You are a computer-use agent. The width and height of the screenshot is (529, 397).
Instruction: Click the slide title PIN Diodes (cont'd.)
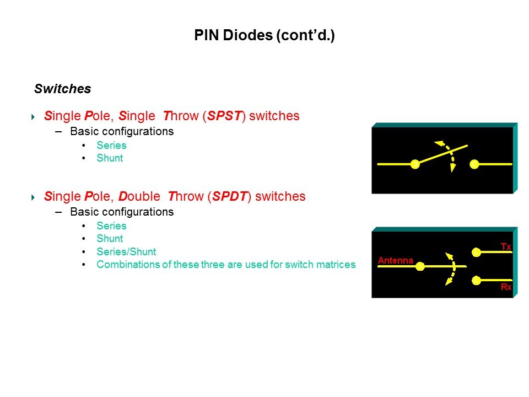pyautogui.click(x=264, y=35)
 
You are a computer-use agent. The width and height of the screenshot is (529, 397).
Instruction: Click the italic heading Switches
pyautogui.click(x=63, y=89)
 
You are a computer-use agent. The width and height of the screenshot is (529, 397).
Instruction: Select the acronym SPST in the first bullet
pyautogui.click(x=224, y=116)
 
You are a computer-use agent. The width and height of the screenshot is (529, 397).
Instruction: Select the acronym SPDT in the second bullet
pyautogui.click(x=230, y=196)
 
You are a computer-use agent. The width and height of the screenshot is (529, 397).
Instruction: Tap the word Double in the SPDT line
pyautogui.click(x=139, y=196)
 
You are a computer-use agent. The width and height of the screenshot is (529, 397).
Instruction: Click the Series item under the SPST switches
pyautogui.click(x=111, y=145)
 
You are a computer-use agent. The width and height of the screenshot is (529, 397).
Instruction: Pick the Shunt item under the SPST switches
pyautogui.click(x=110, y=158)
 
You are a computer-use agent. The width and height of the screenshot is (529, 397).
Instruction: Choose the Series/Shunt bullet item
pyautogui.click(x=126, y=251)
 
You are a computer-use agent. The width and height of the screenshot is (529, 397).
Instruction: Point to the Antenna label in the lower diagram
pyautogui.click(x=396, y=260)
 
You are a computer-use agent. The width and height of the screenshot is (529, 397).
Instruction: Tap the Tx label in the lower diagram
pyautogui.click(x=506, y=246)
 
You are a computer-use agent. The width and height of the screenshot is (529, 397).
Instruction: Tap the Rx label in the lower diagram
pyautogui.click(x=506, y=287)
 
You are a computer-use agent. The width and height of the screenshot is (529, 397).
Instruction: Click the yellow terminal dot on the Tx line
pyautogui.click(x=476, y=252)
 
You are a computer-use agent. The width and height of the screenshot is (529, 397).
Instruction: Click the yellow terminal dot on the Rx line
pyautogui.click(x=476, y=280)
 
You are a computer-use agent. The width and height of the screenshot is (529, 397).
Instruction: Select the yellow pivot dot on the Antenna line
pyautogui.click(x=420, y=266)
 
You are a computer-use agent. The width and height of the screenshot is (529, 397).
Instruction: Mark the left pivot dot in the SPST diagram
pyautogui.click(x=415, y=164)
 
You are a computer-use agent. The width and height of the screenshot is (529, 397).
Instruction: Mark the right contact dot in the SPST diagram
pyautogui.click(x=474, y=164)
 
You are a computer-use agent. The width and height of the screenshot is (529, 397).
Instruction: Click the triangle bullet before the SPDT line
pyautogui.click(x=33, y=197)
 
